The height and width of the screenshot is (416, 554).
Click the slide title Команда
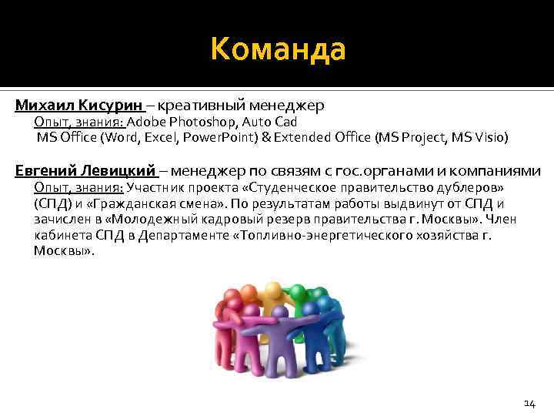278,50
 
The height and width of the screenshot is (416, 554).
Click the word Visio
489,138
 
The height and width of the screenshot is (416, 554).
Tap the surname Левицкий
124,171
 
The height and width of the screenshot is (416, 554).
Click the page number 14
529,402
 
